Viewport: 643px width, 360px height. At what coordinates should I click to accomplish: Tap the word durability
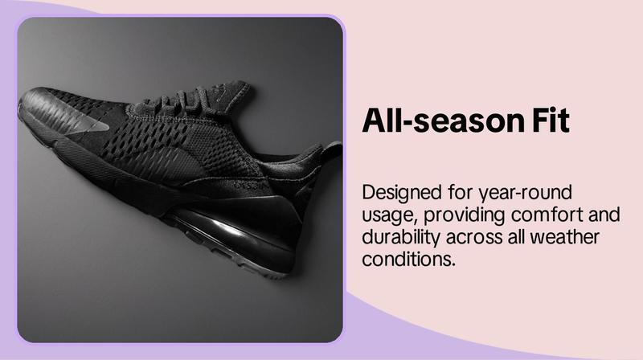(x=401, y=238)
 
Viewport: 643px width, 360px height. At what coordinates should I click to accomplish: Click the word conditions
(x=409, y=259)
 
